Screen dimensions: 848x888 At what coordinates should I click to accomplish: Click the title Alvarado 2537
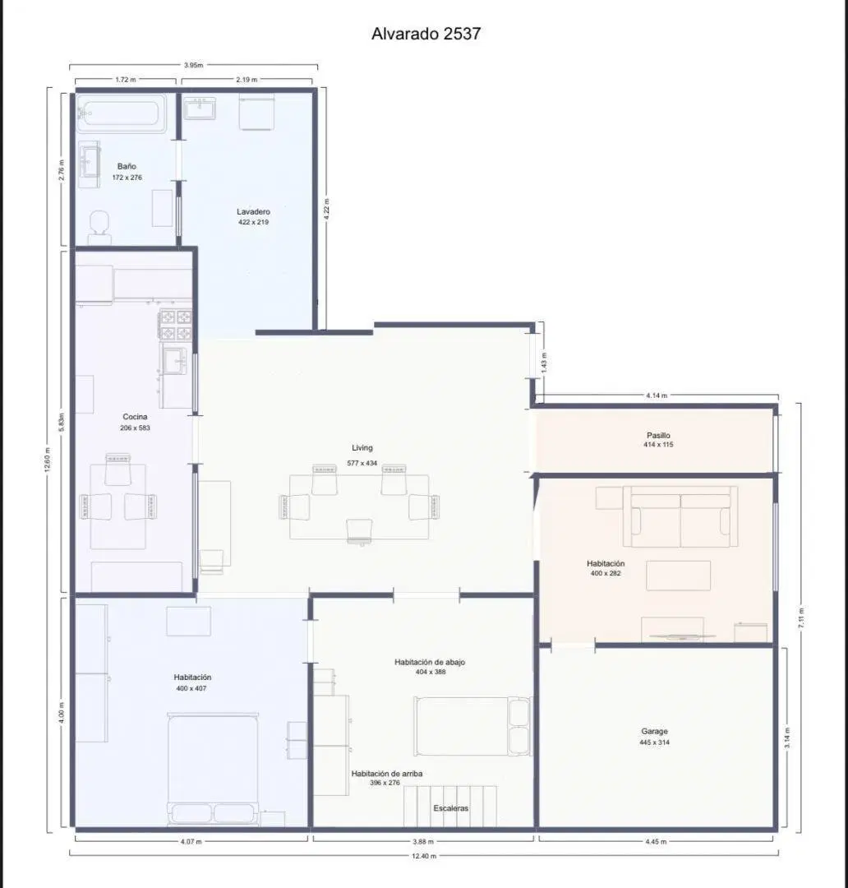pos(426,34)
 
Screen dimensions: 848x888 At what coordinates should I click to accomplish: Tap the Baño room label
pos(127,166)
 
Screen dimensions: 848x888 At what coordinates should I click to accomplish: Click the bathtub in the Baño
pos(121,113)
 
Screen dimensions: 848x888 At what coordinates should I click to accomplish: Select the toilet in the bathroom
pos(99,227)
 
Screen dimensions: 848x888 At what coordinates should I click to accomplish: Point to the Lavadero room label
pos(253,212)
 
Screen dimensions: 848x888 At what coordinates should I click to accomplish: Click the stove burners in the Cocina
pos(176,325)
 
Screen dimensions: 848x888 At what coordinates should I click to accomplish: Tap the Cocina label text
pos(135,417)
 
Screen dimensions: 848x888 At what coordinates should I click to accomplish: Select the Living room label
pos(362,448)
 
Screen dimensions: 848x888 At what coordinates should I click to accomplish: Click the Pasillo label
pos(658,436)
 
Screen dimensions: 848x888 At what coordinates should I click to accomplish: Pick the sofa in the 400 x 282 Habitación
pos(680,516)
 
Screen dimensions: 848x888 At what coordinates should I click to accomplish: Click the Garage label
pos(654,731)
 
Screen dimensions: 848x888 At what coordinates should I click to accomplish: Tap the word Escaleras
pos(451,808)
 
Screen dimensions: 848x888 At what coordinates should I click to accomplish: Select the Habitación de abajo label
pos(430,662)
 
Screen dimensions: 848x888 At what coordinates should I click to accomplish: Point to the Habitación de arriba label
pos(387,774)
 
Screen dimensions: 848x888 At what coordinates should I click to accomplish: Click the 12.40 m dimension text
pos(424,856)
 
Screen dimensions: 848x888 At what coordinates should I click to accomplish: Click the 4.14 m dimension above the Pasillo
pos(657,395)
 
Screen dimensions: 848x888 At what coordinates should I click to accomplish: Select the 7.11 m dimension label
pos(801,617)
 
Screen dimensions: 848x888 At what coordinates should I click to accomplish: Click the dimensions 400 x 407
pos(191,689)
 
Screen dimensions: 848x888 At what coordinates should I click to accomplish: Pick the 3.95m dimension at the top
pos(193,65)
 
